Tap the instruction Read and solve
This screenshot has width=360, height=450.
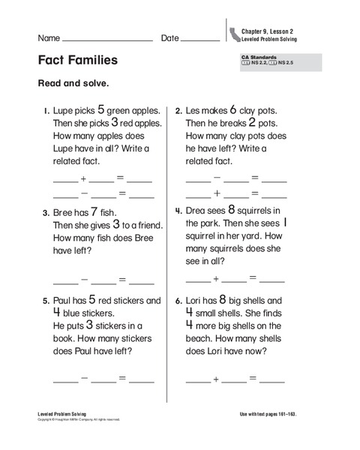[x=73, y=83]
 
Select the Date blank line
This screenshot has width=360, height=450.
[x=200, y=39]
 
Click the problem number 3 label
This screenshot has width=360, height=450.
[x=46, y=213]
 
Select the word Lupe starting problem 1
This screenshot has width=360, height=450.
[x=64, y=111]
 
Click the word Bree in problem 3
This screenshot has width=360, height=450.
[x=65, y=213]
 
